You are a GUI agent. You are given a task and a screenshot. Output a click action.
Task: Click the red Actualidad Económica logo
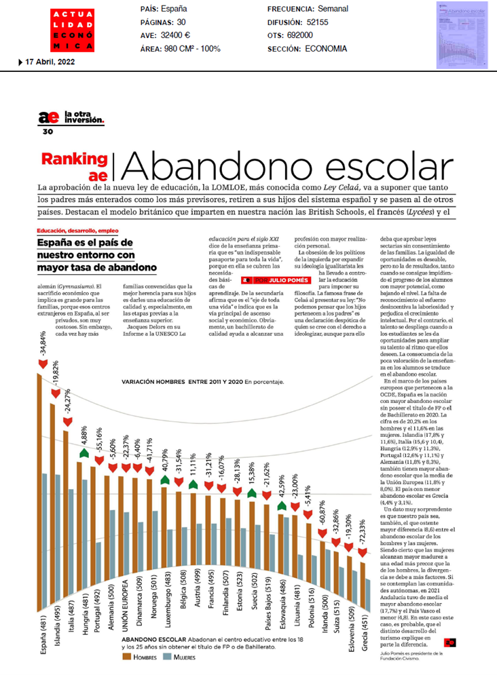pyautogui.click(x=71, y=31)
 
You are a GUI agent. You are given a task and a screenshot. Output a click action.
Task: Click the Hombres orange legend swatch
pyautogui.click(x=127, y=638)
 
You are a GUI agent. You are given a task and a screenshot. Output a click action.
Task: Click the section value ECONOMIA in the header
pyautogui.click(x=326, y=49)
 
